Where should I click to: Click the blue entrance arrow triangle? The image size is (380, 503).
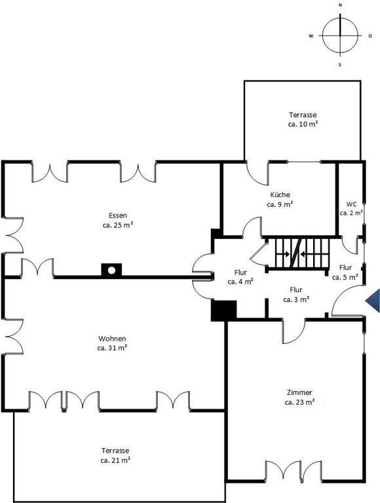coord(374,301)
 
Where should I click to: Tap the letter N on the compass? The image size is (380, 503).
coord(340,5)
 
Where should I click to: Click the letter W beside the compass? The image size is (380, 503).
coord(311,36)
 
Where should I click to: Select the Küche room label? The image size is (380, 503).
coord(280,195)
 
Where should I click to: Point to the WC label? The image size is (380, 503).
coord(351,204)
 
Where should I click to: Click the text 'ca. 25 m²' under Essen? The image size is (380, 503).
coord(118,225)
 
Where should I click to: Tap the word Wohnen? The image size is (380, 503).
coord(112,339)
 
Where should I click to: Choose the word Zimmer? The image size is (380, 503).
coord(299,392)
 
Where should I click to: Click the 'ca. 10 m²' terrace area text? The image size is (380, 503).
coord(303,124)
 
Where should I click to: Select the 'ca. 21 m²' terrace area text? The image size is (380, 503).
coord(115,460)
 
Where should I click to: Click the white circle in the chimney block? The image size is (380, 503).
coord(111,270)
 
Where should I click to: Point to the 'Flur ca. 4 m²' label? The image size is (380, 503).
coord(240,277)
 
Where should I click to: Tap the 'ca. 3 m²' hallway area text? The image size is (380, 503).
coord(296,299)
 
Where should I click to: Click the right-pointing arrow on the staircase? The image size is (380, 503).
coord(283,254)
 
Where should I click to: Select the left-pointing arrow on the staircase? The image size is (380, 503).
coord(307,254)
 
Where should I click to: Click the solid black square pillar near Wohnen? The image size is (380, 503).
coord(223,310)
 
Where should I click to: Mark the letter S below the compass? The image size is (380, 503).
coord(340,65)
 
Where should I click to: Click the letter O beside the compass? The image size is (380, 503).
coord(370,36)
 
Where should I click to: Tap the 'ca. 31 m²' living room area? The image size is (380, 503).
coord(112,348)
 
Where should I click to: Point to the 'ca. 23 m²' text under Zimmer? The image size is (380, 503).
coord(299,402)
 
